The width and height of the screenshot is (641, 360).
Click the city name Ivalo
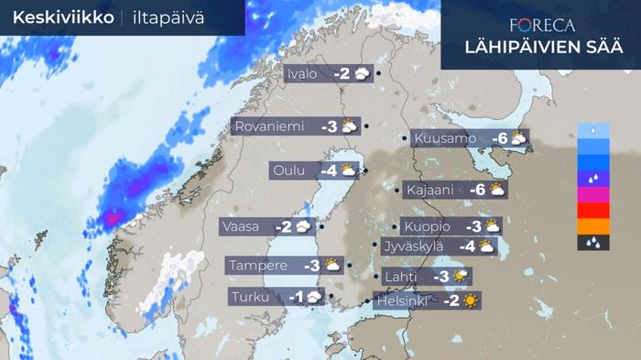302,74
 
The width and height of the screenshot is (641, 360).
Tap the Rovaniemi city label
269,126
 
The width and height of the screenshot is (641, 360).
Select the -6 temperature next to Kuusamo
499,139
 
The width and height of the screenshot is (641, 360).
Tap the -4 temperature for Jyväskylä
465,245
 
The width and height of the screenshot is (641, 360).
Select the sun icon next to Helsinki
471,300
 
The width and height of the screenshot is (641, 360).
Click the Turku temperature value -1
296,298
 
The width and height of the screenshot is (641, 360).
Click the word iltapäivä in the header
168,17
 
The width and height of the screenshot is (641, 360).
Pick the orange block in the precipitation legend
593,226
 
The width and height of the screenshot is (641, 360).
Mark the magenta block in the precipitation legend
593,194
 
